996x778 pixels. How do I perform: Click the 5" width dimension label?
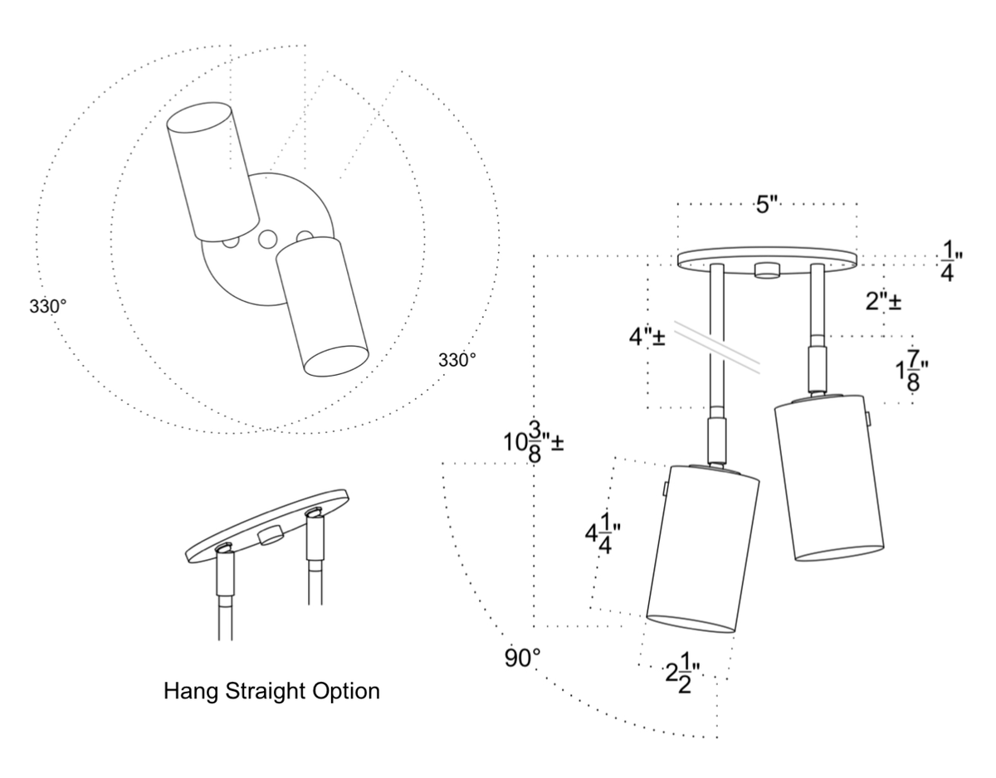click(766, 205)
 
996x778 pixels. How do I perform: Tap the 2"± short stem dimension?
click(883, 302)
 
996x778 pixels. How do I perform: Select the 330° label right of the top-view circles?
click(457, 361)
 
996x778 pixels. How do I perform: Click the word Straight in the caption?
click(266, 691)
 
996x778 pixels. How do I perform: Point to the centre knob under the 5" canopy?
click(768, 270)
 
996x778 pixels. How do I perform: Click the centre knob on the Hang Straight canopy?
click(269, 536)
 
